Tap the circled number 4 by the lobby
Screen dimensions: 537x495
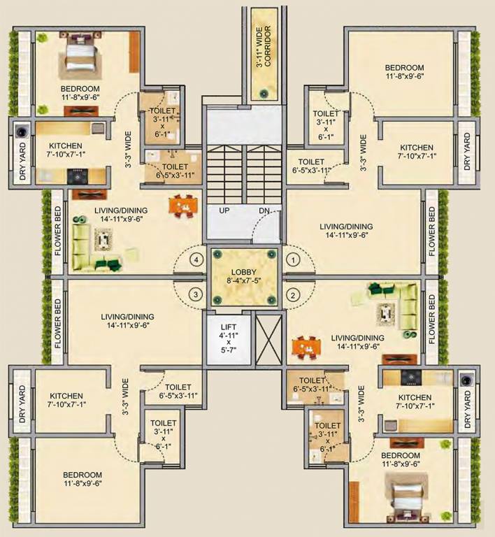point(197,259)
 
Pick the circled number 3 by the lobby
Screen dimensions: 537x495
point(197,293)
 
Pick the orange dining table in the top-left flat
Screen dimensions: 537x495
point(182,206)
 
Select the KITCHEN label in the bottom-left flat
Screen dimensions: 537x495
point(65,396)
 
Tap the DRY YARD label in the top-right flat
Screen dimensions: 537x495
point(467,153)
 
